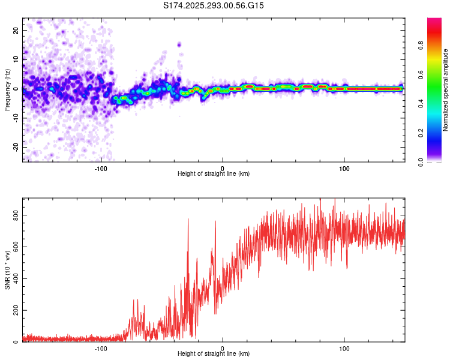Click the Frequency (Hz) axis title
(x=7, y=89)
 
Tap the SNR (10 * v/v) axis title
(x=7, y=269)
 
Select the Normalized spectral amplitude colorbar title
(x=446, y=90)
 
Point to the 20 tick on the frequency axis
(x=15, y=30)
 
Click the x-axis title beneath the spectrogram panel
(x=214, y=174)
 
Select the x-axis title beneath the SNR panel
(x=214, y=355)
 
